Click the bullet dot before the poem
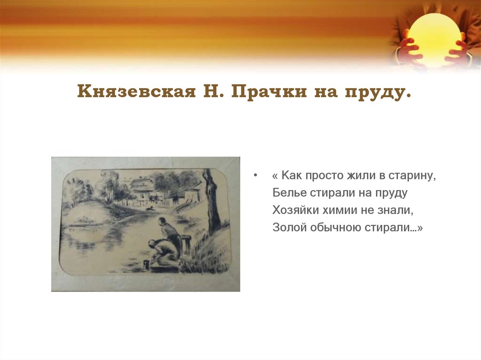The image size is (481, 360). pos(255,176)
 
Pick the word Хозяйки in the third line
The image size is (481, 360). pos(293,210)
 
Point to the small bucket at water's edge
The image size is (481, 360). pos(146,264)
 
